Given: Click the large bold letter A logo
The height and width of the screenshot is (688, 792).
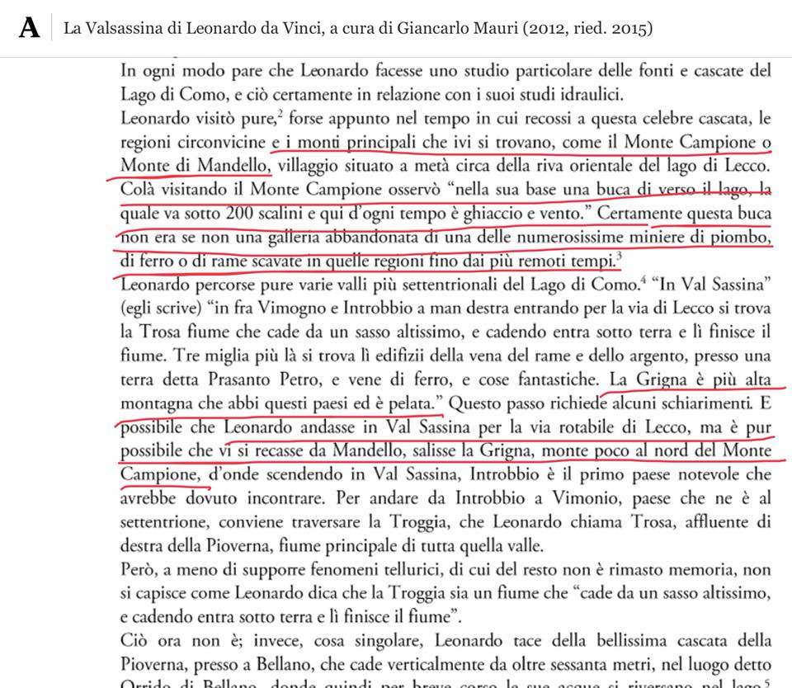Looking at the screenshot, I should tap(31, 28).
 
